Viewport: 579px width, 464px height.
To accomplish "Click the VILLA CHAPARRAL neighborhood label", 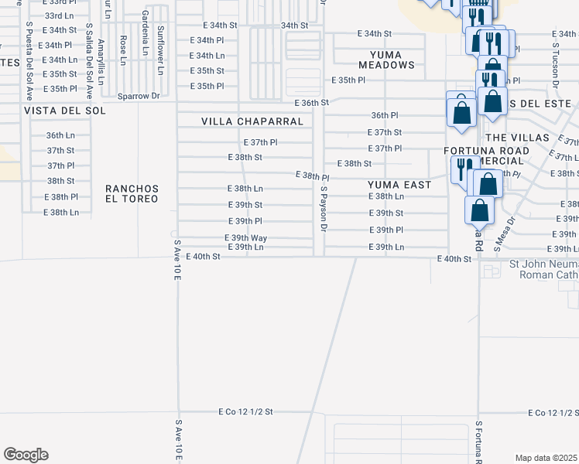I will [x=252, y=121].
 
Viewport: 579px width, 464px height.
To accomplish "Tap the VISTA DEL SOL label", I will [x=64, y=111].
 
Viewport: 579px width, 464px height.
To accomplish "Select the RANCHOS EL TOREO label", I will [x=132, y=193].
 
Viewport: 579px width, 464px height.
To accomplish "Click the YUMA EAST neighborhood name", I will [x=399, y=185].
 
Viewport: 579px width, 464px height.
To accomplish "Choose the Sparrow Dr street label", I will [x=138, y=96].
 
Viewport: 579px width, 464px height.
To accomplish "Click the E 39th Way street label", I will [x=245, y=237].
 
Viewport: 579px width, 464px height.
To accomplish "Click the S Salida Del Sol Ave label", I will [x=89, y=60].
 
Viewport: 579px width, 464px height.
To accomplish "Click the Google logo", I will [x=26, y=455].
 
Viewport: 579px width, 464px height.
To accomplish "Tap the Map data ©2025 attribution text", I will [x=546, y=458].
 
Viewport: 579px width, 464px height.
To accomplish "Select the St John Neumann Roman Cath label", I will [x=543, y=268].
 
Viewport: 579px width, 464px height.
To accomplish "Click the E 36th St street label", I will [x=312, y=103].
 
